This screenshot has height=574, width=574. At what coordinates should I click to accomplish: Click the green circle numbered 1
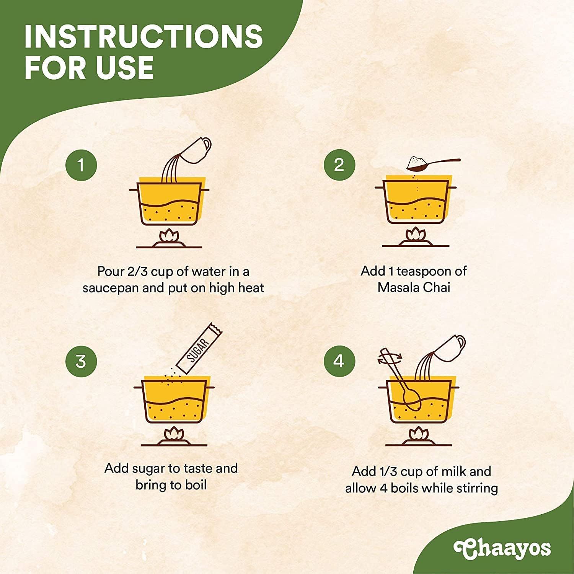point(81,165)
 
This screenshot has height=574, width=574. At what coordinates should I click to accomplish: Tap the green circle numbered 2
point(339,165)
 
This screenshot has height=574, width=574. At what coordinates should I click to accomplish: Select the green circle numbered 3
point(81,361)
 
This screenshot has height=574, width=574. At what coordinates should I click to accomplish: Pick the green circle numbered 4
point(339,361)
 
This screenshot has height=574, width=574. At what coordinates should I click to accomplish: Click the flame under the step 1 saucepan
point(169,235)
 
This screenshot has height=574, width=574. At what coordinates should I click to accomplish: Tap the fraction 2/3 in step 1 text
point(137,271)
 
